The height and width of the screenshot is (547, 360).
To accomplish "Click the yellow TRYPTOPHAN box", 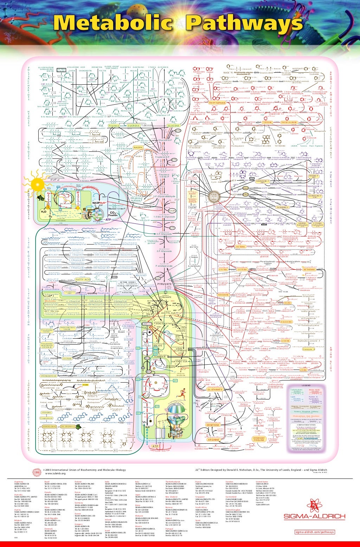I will pyautogui.click(x=217, y=103).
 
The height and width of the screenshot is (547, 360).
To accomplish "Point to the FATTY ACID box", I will pyautogui.click(x=83, y=279).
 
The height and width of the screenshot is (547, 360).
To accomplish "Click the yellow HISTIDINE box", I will pyautogui.click(x=240, y=247).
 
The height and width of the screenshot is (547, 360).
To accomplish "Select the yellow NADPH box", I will pyautogui.click(x=138, y=148).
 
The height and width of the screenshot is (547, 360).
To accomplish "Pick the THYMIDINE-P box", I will pyautogui.click(x=284, y=207).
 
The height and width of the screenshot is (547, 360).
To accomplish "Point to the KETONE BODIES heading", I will pyautogui.click(x=128, y=282).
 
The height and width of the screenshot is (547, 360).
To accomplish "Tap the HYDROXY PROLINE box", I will pyautogui.click(x=259, y=439).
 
